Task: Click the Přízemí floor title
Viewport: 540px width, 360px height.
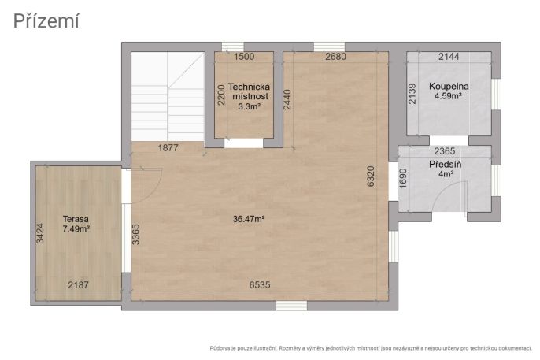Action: (46, 21)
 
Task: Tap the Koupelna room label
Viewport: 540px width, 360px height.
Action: (449, 87)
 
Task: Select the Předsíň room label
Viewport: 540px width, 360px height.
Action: (446, 165)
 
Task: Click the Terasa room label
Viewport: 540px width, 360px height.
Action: (76, 219)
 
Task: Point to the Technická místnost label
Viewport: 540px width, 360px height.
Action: (249, 91)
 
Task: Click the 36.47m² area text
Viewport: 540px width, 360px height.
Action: (249, 219)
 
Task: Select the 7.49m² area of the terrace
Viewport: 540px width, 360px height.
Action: (76, 228)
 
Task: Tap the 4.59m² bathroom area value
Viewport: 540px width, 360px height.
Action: (448, 96)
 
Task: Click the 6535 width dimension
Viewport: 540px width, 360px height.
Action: (260, 285)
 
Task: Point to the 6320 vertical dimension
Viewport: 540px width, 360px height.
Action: (371, 176)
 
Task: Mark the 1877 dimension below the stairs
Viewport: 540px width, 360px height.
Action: (168, 148)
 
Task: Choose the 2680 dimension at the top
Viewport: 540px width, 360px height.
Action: (336, 57)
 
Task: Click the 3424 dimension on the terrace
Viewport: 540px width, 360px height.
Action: (40, 234)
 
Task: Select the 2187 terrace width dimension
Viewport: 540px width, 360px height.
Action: (78, 285)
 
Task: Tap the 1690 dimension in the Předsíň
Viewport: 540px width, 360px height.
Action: (403, 178)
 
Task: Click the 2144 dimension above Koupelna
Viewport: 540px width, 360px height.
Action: (449, 57)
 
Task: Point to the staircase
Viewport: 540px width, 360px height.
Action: (168, 96)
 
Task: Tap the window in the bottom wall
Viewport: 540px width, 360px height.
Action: (291, 306)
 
